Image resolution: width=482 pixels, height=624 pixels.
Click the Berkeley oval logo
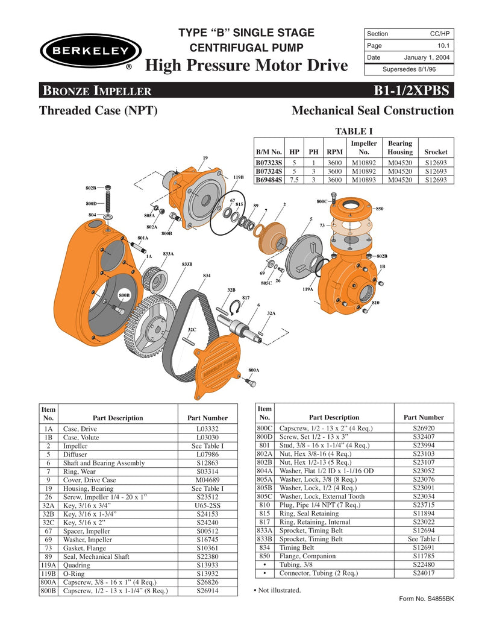90,51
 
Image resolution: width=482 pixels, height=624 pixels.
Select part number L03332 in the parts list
207,429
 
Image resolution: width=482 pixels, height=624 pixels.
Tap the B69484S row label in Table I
269,180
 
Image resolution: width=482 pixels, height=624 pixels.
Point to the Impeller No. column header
363,148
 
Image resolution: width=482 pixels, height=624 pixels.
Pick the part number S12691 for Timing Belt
424,547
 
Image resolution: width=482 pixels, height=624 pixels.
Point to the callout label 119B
238,177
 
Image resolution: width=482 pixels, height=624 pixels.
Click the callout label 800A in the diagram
254,370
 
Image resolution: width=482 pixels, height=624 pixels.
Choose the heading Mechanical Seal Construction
372,111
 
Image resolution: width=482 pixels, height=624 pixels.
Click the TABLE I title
354,131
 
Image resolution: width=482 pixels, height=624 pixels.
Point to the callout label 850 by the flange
380,209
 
